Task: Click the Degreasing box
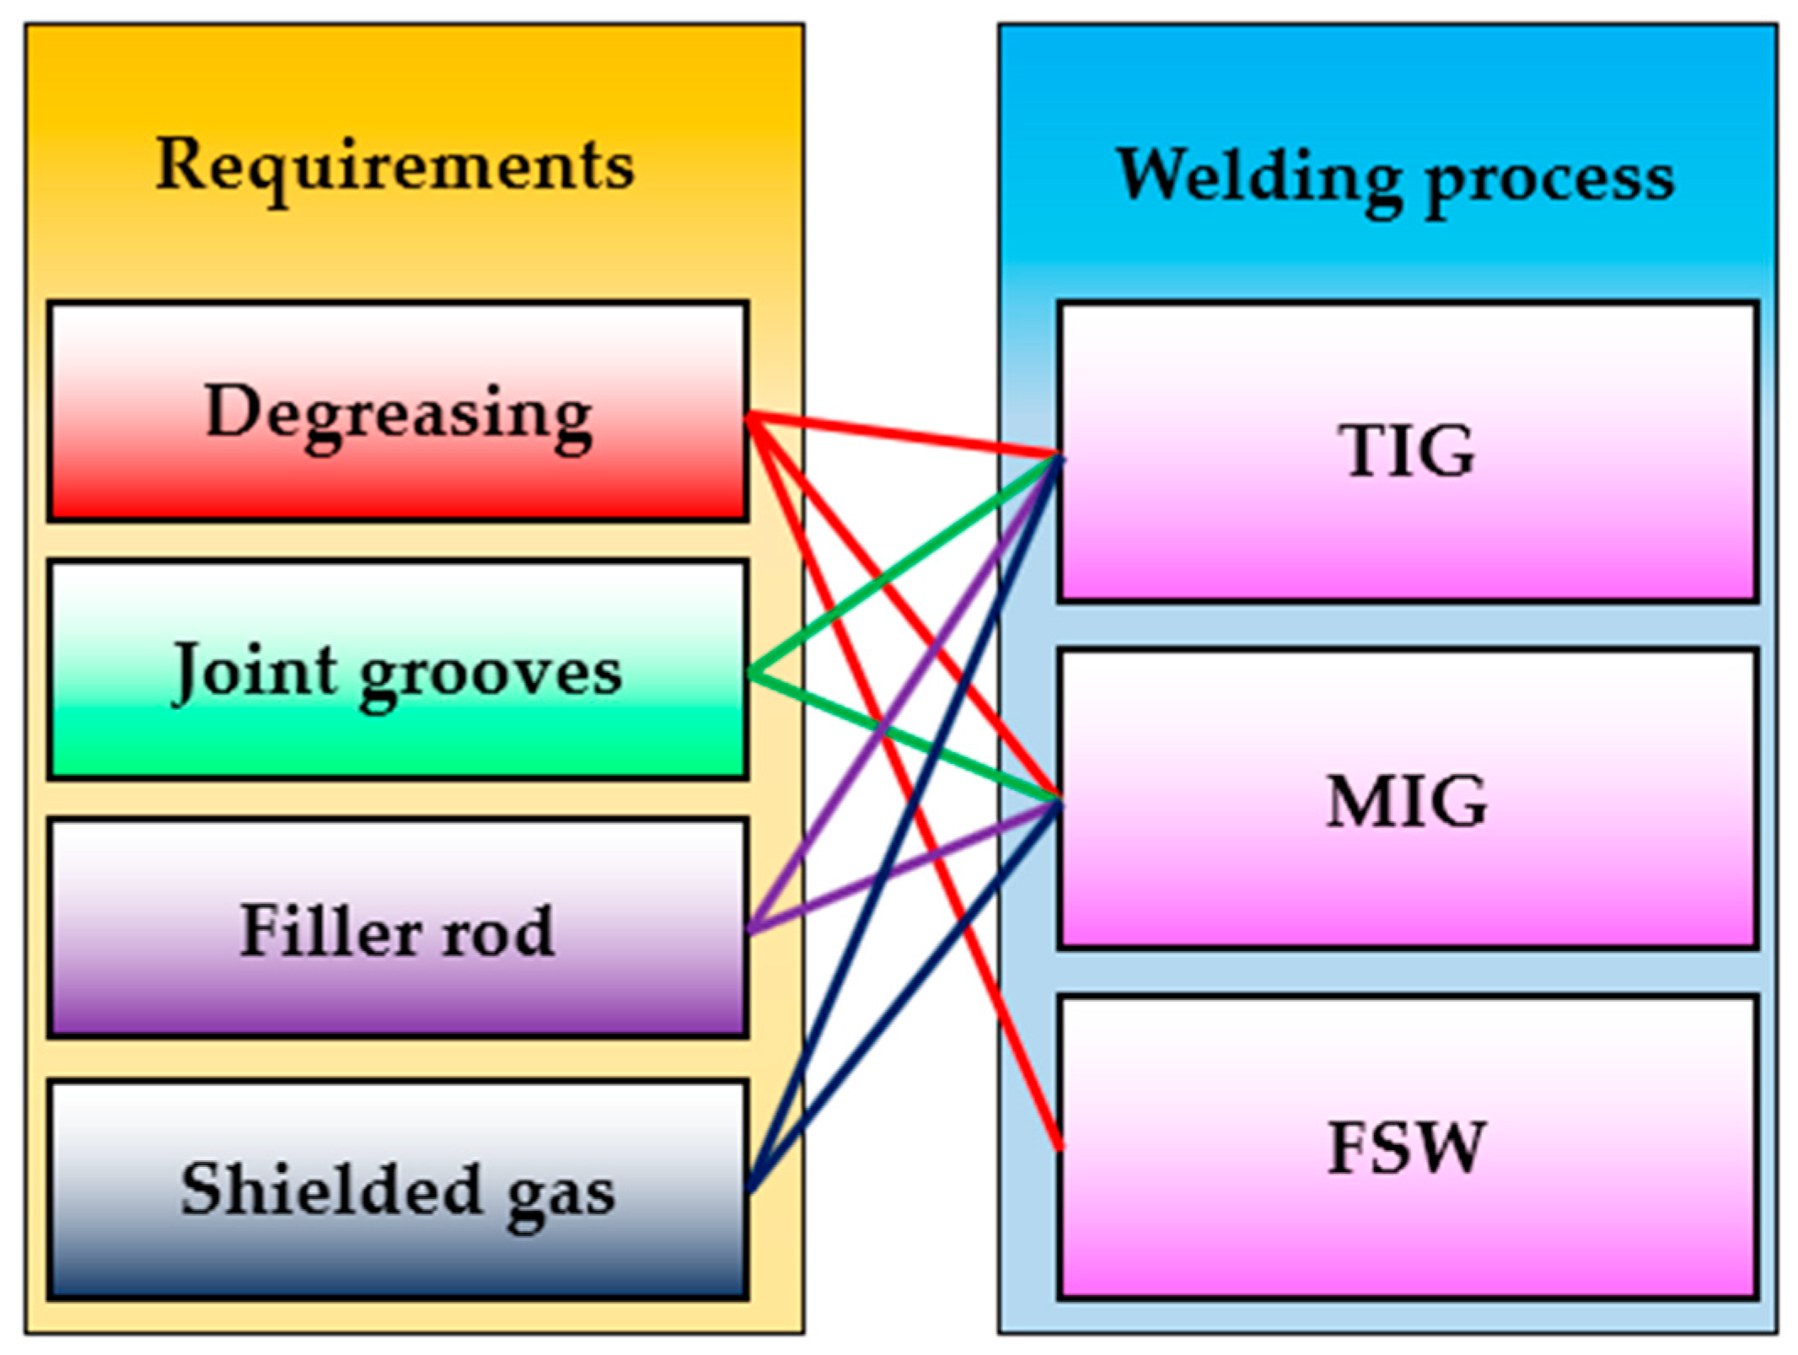tap(397, 411)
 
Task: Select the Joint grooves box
tap(397, 669)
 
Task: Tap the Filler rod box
tap(397, 928)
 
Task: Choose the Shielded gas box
tap(397, 1189)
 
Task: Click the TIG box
tap(1407, 451)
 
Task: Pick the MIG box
tap(1407, 799)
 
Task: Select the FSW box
tap(1407, 1148)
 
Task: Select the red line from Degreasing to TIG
tap(902, 435)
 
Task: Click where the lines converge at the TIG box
tap(1058, 458)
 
